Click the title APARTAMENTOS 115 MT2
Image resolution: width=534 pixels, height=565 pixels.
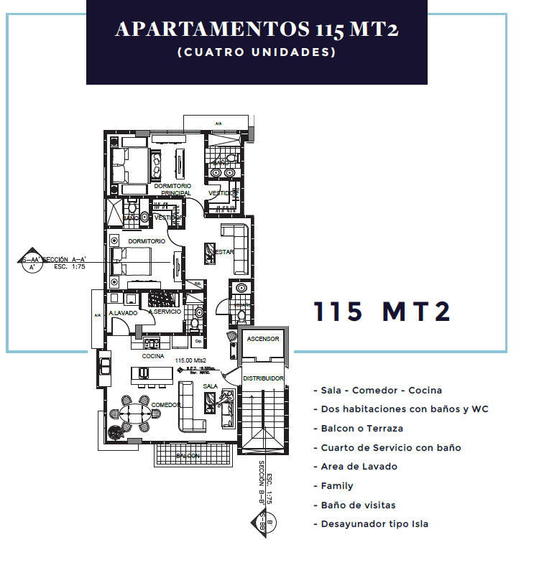click(x=257, y=29)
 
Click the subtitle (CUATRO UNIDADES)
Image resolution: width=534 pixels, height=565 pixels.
click(x=257, y=52)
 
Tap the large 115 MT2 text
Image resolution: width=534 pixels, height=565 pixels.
click(x=382, y=312)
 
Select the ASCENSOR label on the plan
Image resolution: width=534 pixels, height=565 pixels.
click(x=262, y=339)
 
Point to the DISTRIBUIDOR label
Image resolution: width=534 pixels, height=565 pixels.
click(x=263, y=378)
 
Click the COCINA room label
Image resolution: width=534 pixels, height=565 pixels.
click(x=153, y=356)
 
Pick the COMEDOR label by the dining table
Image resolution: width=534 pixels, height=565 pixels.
click(x=166, y=405)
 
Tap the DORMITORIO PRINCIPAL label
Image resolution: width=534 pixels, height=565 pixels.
click(x=172, y=190)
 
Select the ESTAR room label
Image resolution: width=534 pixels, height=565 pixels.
click(x=225, y=252)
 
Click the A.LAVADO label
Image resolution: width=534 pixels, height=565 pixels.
click(x=123, y=314)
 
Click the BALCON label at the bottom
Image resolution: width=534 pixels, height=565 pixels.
click(x=188, y=456)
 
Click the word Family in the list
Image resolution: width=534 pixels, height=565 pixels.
click(x=336, y=486)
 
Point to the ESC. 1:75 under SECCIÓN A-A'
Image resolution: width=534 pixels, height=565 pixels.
click(x=70, y=265)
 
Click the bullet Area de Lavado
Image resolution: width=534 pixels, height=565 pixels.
click(x=354, y=467)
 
